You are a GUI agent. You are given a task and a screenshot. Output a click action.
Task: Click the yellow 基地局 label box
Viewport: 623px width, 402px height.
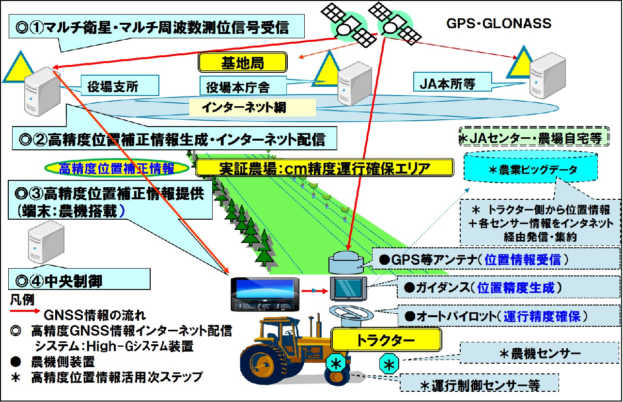[x=243, y=62]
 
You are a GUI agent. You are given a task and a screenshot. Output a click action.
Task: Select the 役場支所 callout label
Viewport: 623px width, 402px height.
[x=113, y=86]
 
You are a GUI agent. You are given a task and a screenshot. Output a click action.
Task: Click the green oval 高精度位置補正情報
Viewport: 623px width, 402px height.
[x=116, y=168]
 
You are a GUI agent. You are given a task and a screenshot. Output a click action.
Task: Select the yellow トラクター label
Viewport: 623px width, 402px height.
[x=386, y=339]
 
